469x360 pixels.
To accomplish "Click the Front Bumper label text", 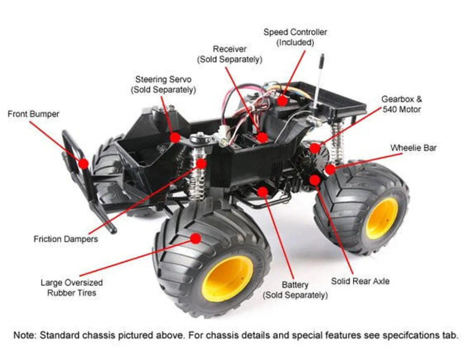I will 33,114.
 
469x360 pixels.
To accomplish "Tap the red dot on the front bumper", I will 84,164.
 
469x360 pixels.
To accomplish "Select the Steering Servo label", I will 163,84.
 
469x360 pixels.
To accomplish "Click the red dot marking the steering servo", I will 175,137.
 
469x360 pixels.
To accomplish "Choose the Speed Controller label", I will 295,37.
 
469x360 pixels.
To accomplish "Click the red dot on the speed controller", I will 281,100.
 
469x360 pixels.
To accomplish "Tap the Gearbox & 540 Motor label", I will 401,104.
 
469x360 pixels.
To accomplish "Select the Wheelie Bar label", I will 413,148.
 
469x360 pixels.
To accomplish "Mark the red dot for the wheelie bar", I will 330,169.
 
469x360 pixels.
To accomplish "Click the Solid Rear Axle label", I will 360,281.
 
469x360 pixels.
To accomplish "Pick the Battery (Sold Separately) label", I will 295,290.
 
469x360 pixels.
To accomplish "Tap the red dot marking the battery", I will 262,192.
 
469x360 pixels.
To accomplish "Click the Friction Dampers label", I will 66,239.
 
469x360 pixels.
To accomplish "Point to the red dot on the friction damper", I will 201,164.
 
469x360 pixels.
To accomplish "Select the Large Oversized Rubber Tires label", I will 71,288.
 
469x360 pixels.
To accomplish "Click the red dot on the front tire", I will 196,238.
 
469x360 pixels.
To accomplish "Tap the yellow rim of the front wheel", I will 227,278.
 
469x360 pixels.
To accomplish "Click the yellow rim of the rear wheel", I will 382,218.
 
